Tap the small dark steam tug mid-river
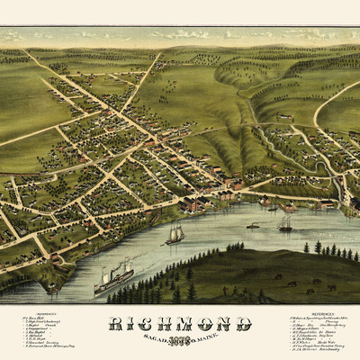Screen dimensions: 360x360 point(253,225)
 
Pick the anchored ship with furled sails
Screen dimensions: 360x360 point(285,223)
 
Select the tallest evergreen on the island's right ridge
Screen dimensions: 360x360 point(318,246)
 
